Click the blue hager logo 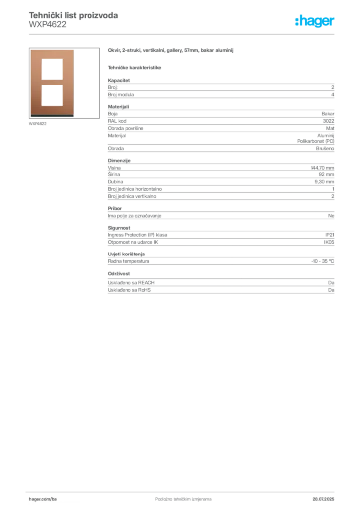click(315, 22)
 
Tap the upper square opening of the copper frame click(52, 68)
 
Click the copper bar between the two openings click(52, 82)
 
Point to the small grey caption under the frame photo click(38, 124)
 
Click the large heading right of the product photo click(171, 51)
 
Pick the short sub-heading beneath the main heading click(135, 68)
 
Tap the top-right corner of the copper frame click(74, 51)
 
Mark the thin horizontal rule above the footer click(182, 490)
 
